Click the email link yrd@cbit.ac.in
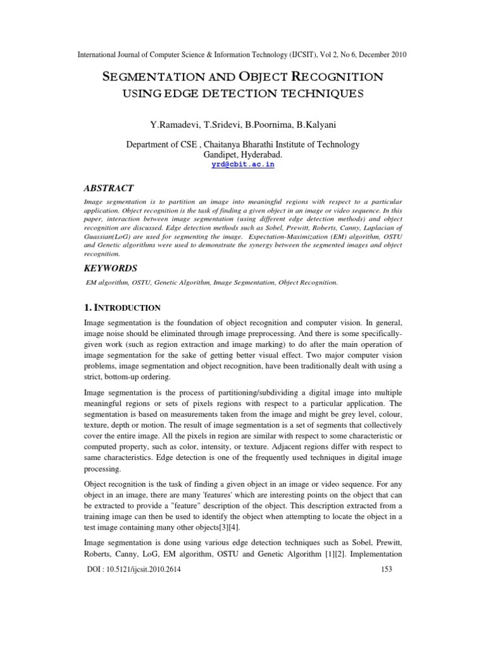243,165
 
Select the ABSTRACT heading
109,188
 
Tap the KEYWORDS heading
111,268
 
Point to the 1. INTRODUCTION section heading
122,308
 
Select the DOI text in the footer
134,569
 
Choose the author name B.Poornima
268,120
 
